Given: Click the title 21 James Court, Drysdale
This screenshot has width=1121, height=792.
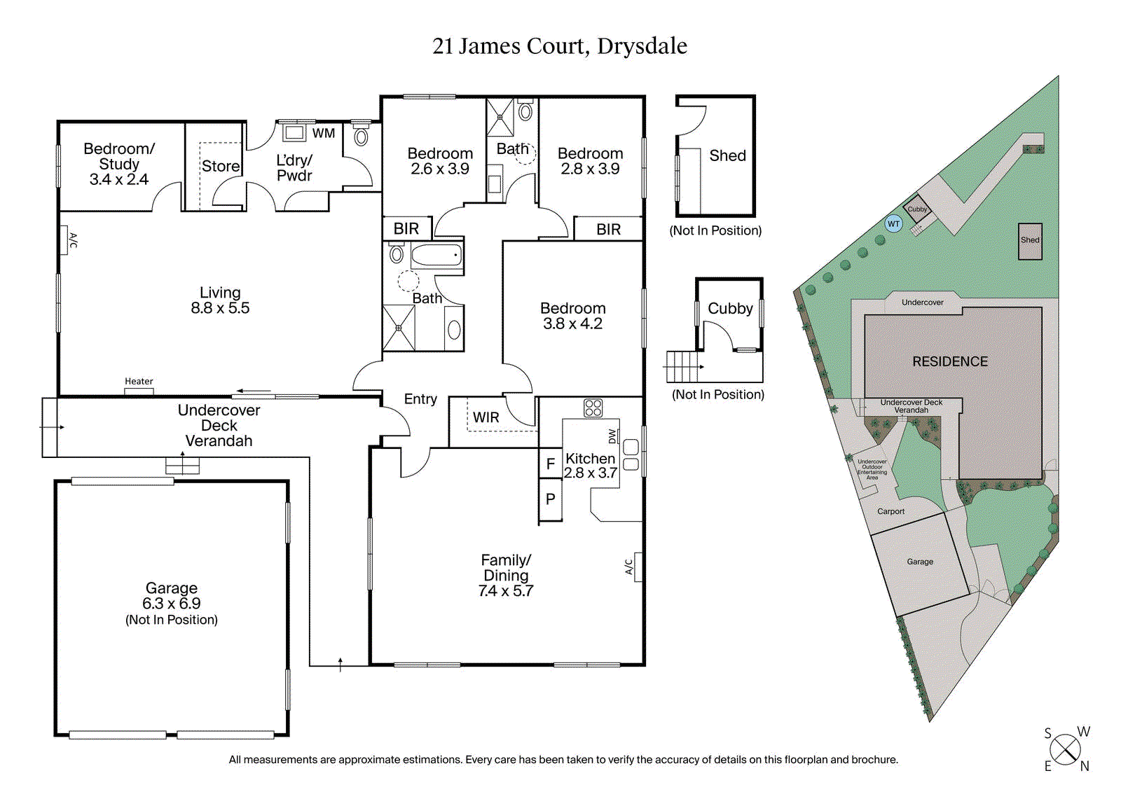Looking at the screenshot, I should click(x=559, y=46).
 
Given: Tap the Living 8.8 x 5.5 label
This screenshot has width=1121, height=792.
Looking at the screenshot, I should click(x=220, y=300).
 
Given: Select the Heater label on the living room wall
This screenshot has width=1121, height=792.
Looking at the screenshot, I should click(x=139, y=382).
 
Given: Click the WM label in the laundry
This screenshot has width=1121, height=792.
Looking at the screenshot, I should click(x=323, y=133).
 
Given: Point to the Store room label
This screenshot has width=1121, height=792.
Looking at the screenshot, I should click(x=221, y=166).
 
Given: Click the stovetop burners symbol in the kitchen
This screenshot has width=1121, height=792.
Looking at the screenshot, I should click(x=593, y=408).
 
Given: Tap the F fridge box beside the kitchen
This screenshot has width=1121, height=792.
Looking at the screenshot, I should click(x=551, y=464).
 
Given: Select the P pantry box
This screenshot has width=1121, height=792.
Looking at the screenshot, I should click(x=551, y=499).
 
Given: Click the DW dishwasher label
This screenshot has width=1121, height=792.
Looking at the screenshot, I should click(x=612, y=436).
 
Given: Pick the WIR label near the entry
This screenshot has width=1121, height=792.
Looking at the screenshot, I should click(x=486, y=417).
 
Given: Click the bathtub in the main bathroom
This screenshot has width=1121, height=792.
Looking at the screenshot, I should click(x=436, y=256).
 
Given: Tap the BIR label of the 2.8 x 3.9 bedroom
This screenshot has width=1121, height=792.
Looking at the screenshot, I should click(x=608, y=229).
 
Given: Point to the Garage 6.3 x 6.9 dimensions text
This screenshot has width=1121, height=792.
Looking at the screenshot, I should click(x=172, y=604).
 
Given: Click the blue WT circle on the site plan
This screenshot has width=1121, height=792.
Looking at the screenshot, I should click(x=893, y=224).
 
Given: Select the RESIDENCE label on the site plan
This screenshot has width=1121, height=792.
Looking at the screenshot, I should click(x=949, y=361).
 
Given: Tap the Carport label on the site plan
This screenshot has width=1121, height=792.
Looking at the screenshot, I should click(x=890, y=511).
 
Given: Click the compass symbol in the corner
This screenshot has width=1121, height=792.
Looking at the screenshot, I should click(x=1066, y=750).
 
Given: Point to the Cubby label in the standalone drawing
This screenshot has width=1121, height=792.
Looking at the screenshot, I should click(x=730, y=308).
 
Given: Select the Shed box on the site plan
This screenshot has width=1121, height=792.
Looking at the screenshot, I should click(x=1030, y=241).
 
